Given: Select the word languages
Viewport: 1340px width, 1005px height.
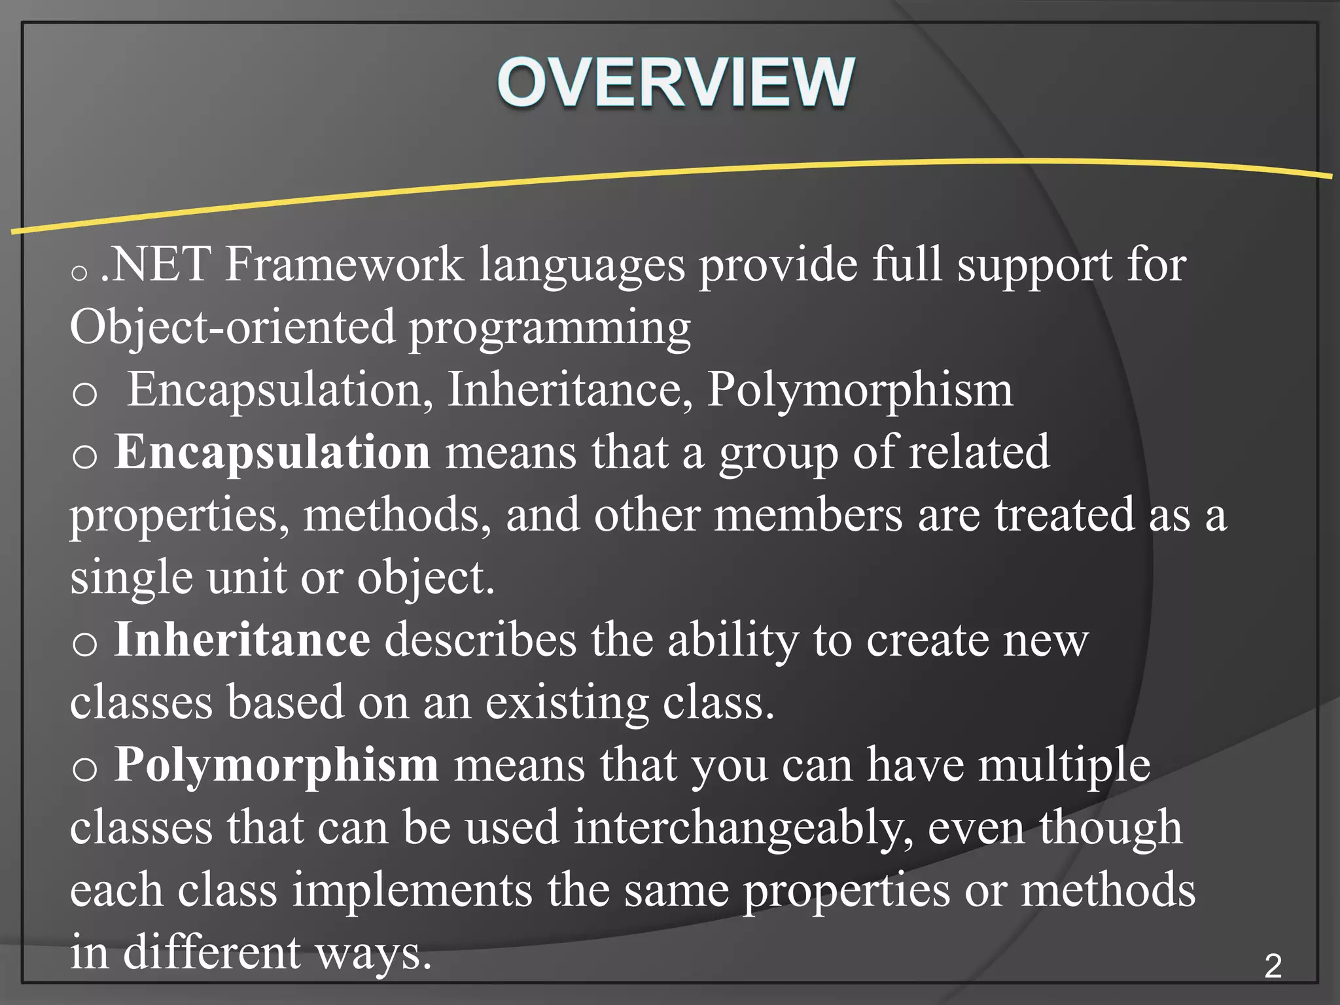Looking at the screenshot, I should [582, 266].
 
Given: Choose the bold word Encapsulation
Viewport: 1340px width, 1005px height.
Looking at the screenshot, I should [272, 452].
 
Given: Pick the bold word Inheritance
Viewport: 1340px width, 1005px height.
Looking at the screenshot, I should [242, 639].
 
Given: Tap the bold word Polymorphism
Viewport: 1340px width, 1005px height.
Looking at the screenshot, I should [276, 765].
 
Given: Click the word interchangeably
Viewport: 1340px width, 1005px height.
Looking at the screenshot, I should [743, 828].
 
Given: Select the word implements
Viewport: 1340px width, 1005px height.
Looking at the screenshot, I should [412, 890].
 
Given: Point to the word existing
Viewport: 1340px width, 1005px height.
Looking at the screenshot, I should [567, 703].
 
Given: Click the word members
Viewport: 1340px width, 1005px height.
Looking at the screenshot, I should [808, 514].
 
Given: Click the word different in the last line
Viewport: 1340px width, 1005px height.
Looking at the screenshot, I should [212, 952].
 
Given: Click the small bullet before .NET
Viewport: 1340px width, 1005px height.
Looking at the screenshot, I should [79, 272].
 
